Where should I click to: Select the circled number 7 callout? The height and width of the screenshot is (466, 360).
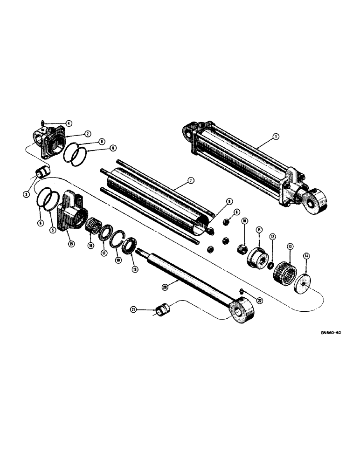click(191, 180)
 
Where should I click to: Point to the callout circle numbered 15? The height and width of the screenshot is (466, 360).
click(71, 244)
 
